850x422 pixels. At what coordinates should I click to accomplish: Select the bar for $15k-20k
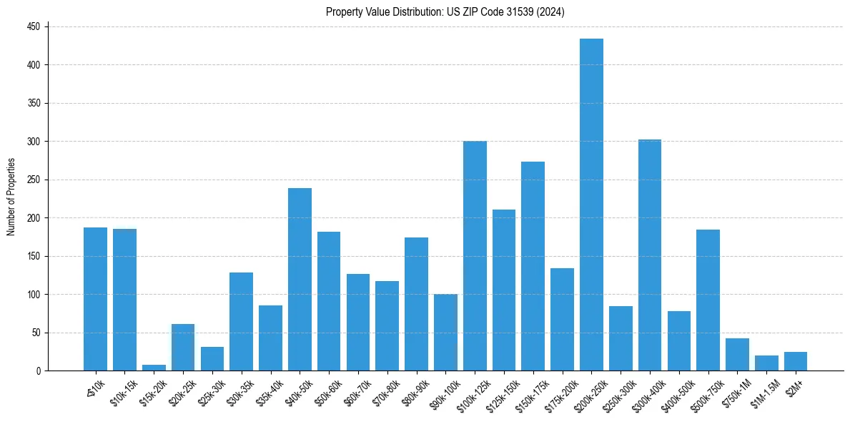[x=154, y=368]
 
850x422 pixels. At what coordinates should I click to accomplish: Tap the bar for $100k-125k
[x=475, y=256]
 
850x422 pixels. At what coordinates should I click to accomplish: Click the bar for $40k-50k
[x=300, y=280]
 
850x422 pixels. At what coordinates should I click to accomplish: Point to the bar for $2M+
[x=795, y=362]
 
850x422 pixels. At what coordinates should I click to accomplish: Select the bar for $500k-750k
[x=708, y=300]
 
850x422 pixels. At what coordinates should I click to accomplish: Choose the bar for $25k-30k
[x=212, y=359]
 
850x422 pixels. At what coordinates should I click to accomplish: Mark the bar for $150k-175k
[x=533, y=266]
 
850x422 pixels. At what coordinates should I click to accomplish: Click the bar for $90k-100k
[x=445, y=333]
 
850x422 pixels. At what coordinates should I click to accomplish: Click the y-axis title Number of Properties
[x=11, y=197]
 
